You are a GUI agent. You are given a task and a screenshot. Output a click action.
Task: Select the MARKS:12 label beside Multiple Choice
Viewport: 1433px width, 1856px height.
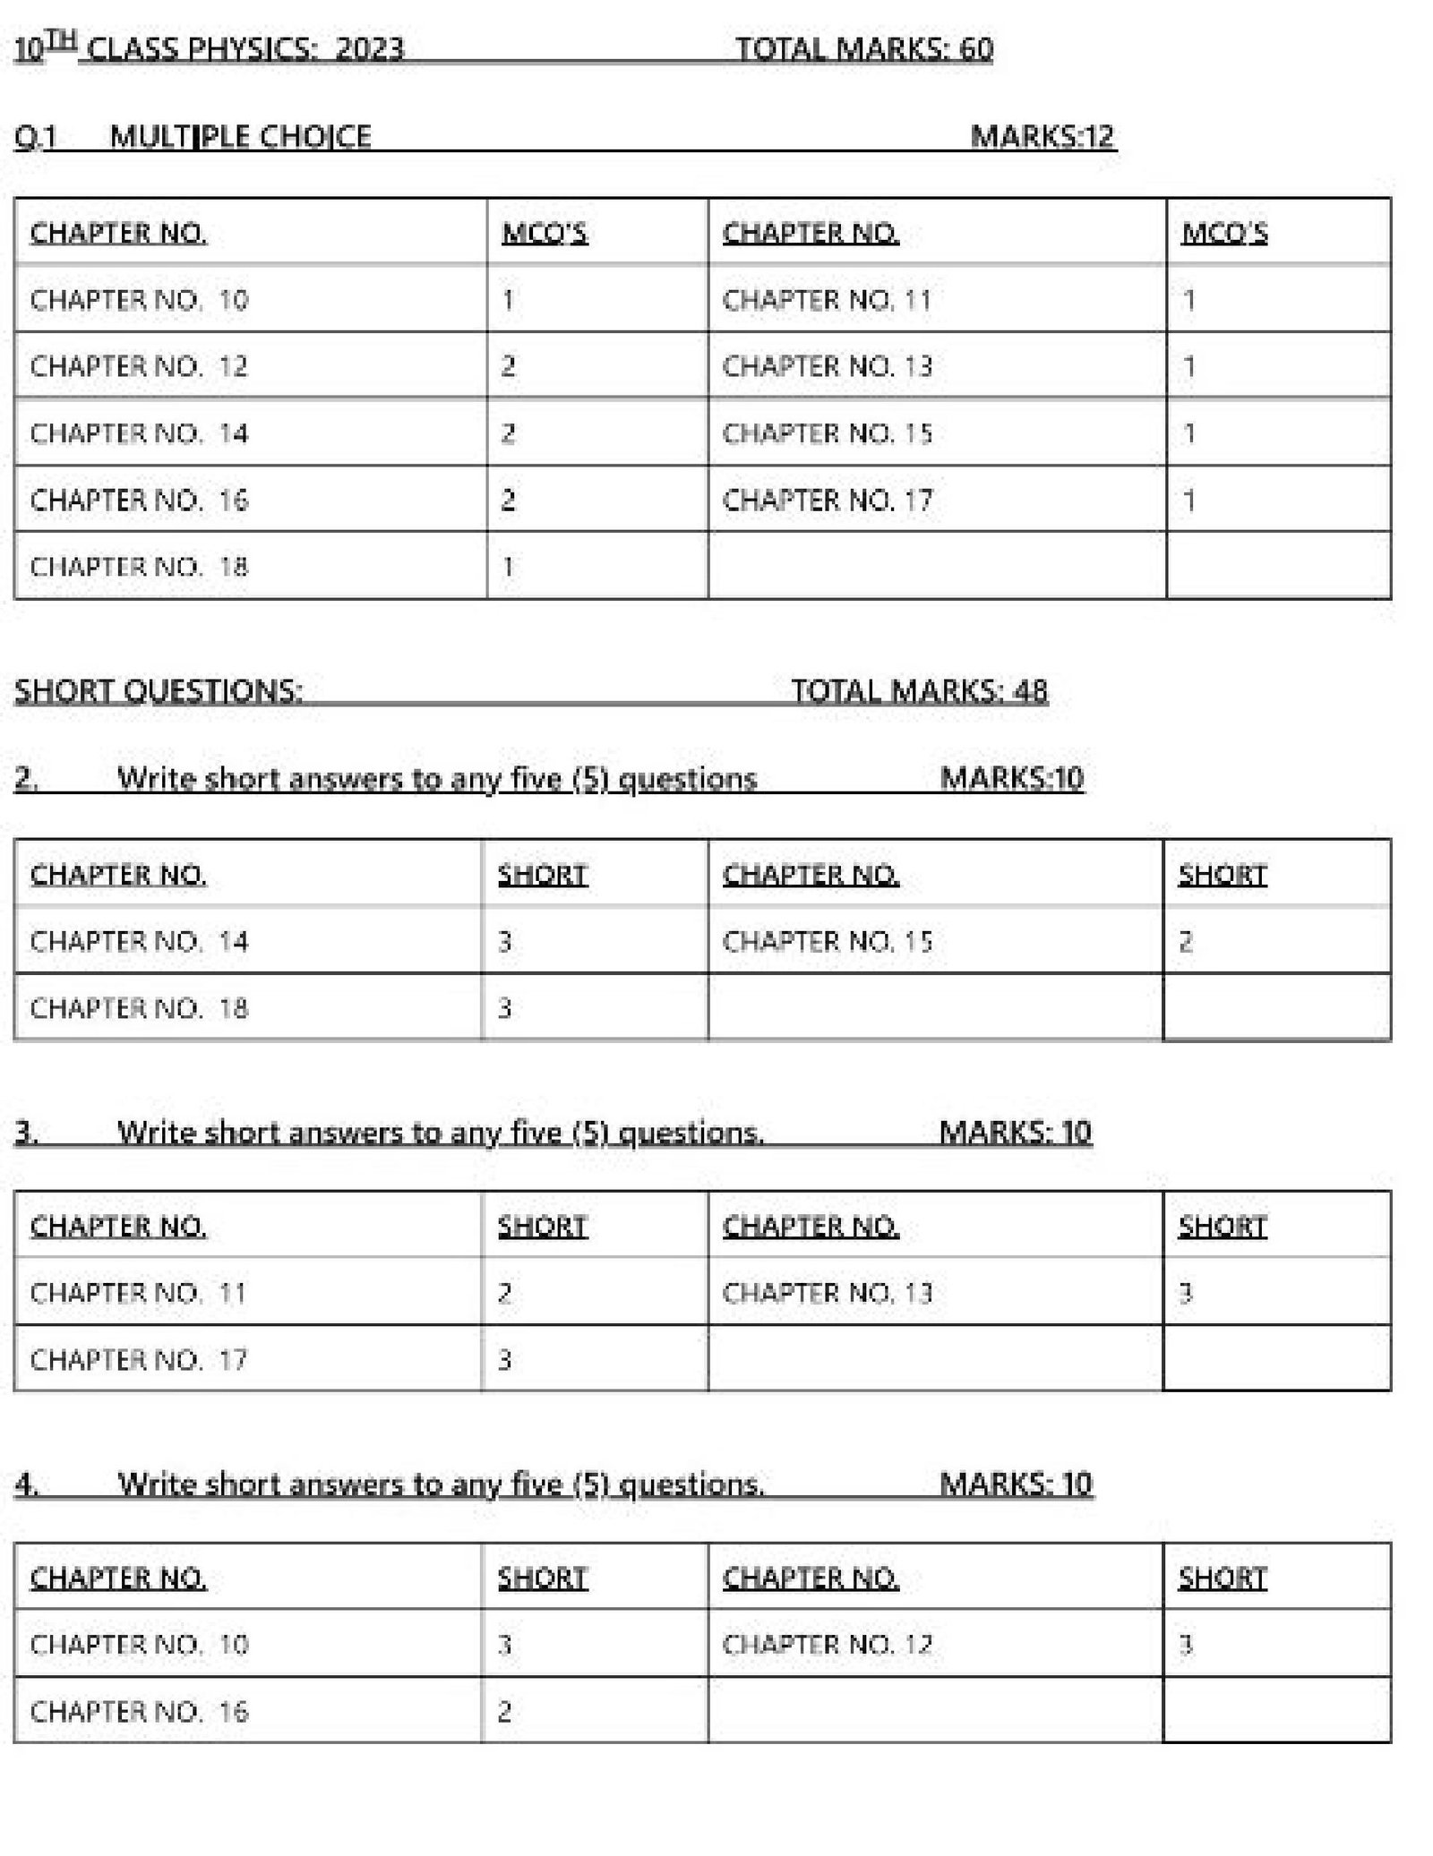point(1042,136)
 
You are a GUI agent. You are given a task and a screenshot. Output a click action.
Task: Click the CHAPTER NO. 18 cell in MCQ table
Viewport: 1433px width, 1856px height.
point(139,566)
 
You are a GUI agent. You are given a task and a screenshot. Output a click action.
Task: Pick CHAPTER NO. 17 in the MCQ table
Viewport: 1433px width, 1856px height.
point(827,500)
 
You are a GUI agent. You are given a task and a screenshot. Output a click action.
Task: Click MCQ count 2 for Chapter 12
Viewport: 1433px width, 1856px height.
point(508,366)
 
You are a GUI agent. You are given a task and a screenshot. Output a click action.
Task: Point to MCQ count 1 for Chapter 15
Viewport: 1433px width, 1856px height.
point(1188,433)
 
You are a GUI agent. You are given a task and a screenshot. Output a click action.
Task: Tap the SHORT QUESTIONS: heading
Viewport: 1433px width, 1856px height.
point(159,690)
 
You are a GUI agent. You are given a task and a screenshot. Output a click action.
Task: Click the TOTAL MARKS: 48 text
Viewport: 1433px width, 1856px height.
point(918,690)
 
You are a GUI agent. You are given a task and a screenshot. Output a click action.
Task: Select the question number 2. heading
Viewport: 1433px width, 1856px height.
point(26,778)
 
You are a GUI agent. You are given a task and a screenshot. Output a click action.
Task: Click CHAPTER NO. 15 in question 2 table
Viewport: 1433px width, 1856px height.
point(827,941)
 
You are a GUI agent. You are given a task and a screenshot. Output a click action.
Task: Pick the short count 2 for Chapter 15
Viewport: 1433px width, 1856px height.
point(1185,941)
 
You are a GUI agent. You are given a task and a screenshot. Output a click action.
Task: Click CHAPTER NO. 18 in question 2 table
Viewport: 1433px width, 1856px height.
point(139,1008)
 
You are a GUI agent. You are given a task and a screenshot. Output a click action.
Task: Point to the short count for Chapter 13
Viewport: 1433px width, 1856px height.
point(1185,1292)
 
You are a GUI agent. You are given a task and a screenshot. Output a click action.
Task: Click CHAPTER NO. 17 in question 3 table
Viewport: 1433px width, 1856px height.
point(138,1359)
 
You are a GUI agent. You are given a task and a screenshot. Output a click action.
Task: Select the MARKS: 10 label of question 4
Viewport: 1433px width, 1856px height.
point(1016,1484)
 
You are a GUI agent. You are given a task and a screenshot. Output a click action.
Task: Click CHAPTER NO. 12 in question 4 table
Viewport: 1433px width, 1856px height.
point(827,1644)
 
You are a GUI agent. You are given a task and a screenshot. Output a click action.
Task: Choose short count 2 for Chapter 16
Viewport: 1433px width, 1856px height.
point(504,1711)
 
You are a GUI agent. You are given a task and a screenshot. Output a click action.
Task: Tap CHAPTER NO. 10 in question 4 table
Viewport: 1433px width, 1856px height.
point(139,1644)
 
